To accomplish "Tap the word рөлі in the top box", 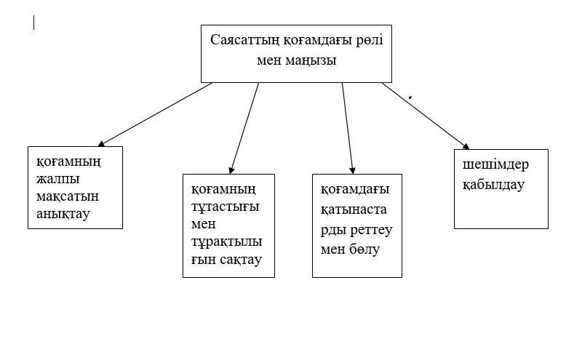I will (x=363, y=40).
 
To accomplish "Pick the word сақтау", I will (x=244, y=260).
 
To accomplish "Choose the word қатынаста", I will (x=356, y=207).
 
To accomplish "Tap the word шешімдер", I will (x=495, y=165).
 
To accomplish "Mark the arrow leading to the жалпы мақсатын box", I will (x=154, y=114).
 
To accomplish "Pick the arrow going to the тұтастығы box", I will (x=244, y=127).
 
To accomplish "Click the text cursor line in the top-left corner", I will (x=34, y=23).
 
